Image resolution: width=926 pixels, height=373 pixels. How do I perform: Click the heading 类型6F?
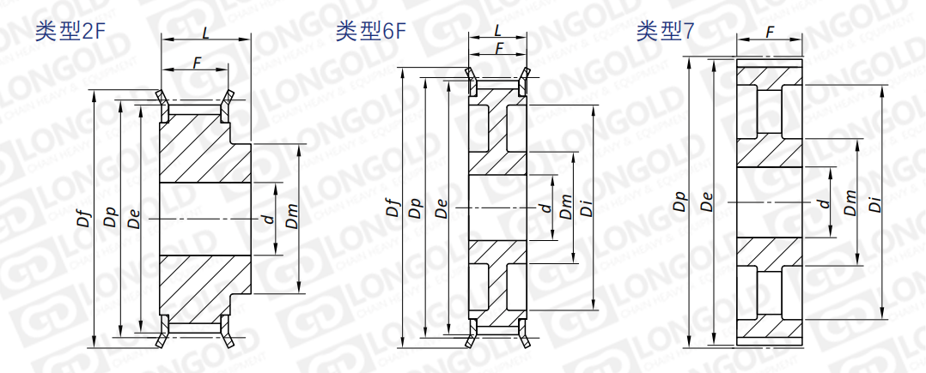point(370,32)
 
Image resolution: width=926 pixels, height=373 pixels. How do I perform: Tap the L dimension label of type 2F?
point(206,33)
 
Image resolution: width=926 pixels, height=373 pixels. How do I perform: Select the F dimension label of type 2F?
point(197,62)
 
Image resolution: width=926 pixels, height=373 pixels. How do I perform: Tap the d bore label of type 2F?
point(269,220)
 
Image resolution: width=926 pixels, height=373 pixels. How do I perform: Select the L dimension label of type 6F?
point(498,30)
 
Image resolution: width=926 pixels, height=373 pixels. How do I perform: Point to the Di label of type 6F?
point(588,207)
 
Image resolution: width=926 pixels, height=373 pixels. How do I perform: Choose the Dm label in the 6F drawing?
point(565,207)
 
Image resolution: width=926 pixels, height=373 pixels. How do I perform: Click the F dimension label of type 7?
point(769,32)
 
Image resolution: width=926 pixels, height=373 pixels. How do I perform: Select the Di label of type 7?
point(874,203)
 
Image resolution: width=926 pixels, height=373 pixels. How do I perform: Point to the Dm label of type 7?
point(850,203)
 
